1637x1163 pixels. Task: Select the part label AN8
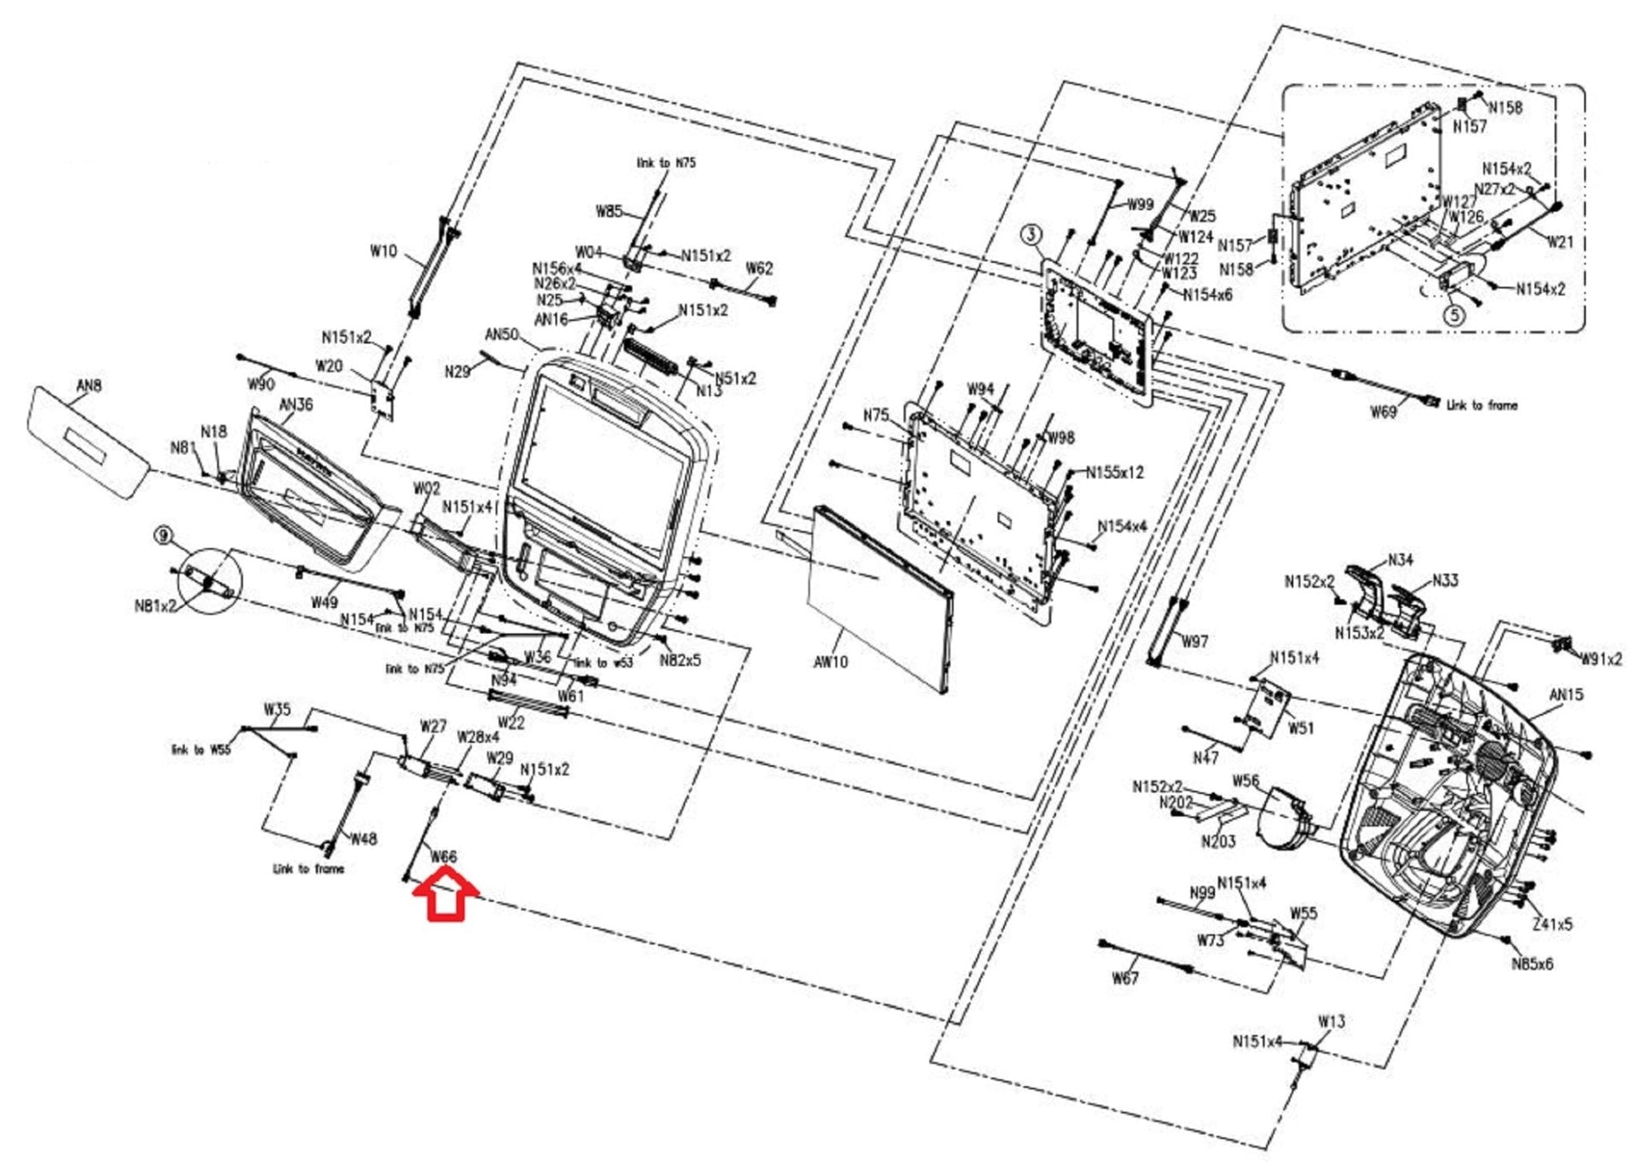coord(89,386)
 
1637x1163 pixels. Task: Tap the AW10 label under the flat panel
coord(830,662)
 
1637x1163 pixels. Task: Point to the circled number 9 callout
coord(164,535)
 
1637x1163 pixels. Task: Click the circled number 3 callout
coord(1032,235)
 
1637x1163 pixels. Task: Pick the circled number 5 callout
coord(1454,315)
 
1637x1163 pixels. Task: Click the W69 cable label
coord(1383,411)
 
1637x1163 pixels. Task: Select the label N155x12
coord(1114,472)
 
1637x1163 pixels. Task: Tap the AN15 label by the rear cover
coord(1566,694)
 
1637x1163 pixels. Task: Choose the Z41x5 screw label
coord(1552,924)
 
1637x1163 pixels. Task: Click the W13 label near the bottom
coord(1331,1021)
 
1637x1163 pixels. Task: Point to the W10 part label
coord(383,251)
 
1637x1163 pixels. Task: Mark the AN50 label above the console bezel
coord(501,334)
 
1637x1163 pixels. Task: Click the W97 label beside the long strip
coord(1195,641)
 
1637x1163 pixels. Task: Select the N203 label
coord(1218,841)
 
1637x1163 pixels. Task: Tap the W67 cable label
coord(1125,978)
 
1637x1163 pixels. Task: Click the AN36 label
coord(296,404)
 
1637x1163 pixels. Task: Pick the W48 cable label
coord(364,839)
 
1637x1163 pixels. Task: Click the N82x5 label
coord(679,661)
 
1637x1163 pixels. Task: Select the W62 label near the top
coord(759,268)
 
